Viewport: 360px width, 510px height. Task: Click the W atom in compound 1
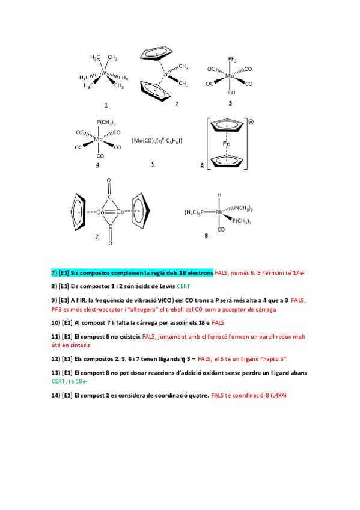pos(103,73)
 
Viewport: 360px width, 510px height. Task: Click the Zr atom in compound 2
pos(165,75)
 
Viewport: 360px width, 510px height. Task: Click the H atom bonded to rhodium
pos(220,195)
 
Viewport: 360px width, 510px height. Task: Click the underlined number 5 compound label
pos(153,163)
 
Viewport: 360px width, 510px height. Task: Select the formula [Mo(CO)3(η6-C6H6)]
pos(157,141)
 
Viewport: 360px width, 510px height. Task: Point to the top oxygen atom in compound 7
pos(109,180)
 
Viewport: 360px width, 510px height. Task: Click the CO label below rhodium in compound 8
pos(221,229)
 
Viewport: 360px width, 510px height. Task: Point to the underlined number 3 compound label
pos(230,103)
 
